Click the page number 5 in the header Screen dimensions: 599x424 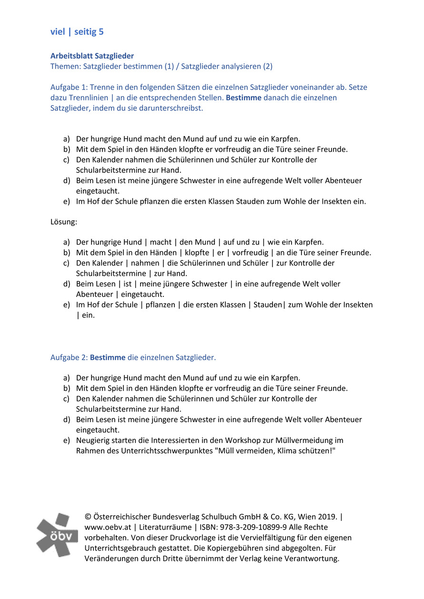101,32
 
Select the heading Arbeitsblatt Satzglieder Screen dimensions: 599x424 92,56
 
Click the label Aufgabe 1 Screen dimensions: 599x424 68,88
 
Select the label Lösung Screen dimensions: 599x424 63,222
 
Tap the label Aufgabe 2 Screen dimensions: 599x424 68,357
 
